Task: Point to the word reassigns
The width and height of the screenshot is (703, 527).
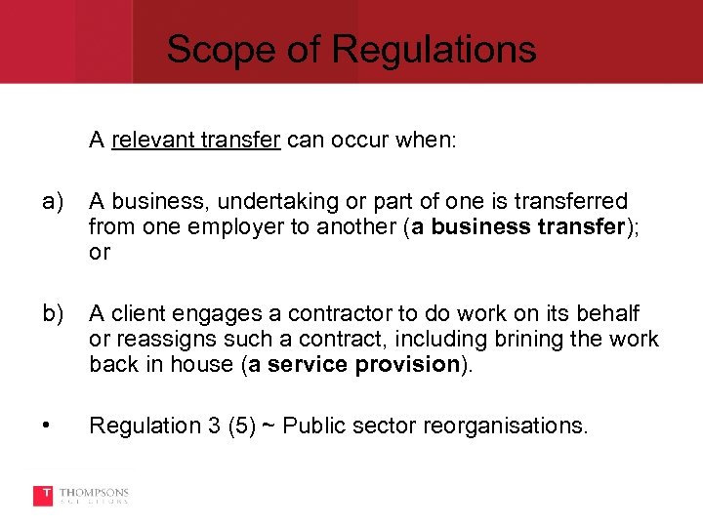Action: [x=158, y=339]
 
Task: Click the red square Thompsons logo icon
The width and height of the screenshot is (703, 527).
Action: [x=43, y=496]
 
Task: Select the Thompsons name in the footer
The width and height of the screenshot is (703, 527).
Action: [x=95, y=492]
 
